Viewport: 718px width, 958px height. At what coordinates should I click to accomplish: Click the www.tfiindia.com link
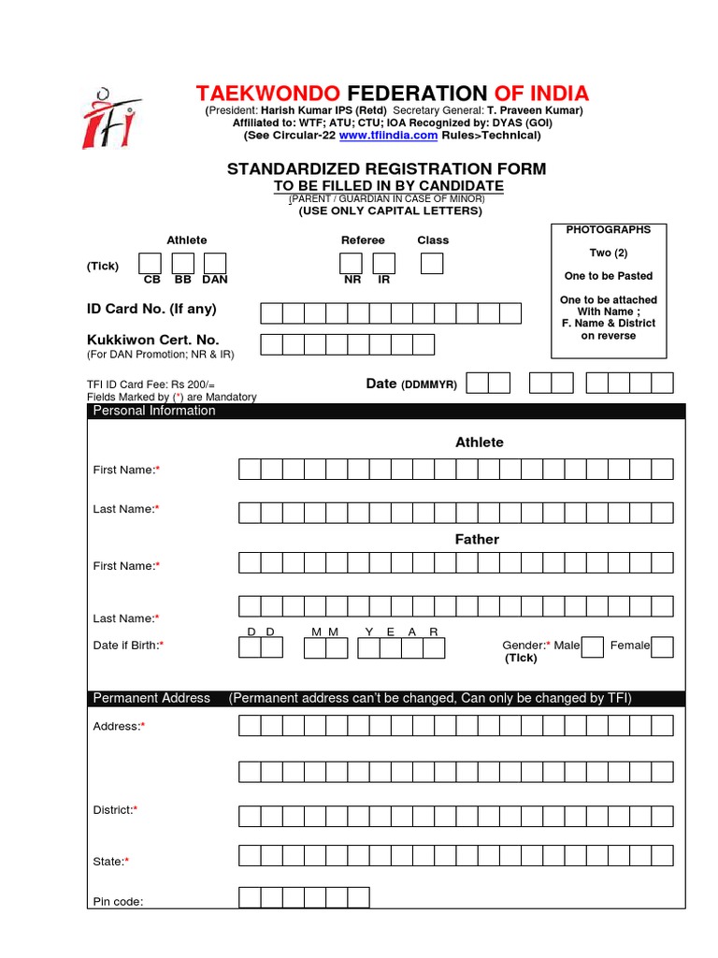(388, 136)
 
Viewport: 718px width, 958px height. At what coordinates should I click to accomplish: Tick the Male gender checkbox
(592, 646)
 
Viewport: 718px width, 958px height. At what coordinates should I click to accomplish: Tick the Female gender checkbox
(662, 646)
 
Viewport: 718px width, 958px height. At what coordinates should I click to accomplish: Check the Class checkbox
(432, 264)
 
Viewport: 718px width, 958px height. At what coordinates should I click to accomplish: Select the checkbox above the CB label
(151, 264)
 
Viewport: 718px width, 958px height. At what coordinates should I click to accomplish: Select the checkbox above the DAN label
(215, 264)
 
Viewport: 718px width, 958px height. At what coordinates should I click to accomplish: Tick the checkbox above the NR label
(352, 264)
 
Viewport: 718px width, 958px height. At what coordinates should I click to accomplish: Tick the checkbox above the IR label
(384, 264)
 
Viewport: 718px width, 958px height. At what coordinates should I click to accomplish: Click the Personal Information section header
(154, 411)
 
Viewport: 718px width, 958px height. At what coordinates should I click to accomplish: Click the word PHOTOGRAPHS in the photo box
(609, 229)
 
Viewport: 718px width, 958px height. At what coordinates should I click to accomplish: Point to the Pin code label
(118, 902)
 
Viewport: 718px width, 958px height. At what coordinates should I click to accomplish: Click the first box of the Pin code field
(250, 897)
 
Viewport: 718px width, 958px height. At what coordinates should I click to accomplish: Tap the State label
(110, 861)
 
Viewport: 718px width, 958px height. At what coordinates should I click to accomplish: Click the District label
(115, 809)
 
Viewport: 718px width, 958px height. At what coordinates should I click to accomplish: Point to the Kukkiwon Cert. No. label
(152, 341)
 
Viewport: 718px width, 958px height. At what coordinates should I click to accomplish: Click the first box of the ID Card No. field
(271, 312)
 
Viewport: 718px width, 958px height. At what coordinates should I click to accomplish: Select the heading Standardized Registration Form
(387, 168)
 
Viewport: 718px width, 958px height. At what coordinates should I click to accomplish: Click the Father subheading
(477, 539)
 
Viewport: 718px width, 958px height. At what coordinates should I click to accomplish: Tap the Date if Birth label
(128, 645)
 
